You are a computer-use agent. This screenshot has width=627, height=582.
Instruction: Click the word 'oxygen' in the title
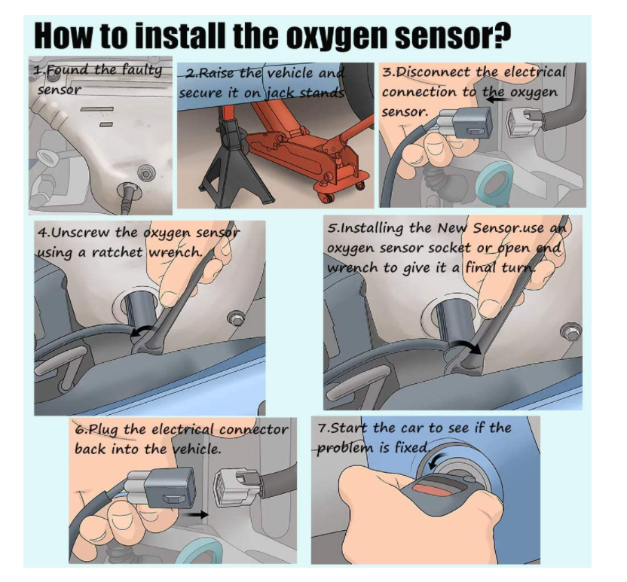coord(338,37)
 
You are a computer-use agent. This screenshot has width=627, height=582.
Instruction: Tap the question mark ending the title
coord(500,35)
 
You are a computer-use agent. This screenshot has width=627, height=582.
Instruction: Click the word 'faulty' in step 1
coord(142,70)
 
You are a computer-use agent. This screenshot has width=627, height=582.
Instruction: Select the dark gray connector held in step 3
coord(473,122)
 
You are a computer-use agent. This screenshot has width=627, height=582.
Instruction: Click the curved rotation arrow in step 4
coord(142,331)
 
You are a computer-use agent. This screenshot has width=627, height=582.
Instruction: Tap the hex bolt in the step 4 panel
coord(235,318)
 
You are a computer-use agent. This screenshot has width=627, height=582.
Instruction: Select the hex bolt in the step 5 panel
coord(570,331)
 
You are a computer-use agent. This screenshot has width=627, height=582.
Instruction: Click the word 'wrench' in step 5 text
coord(352,267)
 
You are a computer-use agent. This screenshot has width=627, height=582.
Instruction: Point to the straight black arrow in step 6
coord(194,514)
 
